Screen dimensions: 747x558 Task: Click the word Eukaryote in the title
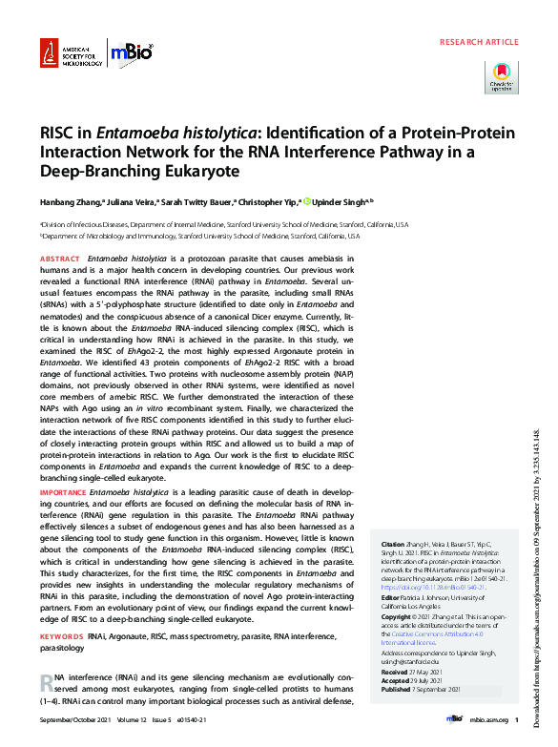coord(173,172)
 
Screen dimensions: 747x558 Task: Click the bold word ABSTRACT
coord(59,259)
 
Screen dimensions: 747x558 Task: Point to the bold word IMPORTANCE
coord(63,490)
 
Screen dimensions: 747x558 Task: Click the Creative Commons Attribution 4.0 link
coord(441,633)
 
